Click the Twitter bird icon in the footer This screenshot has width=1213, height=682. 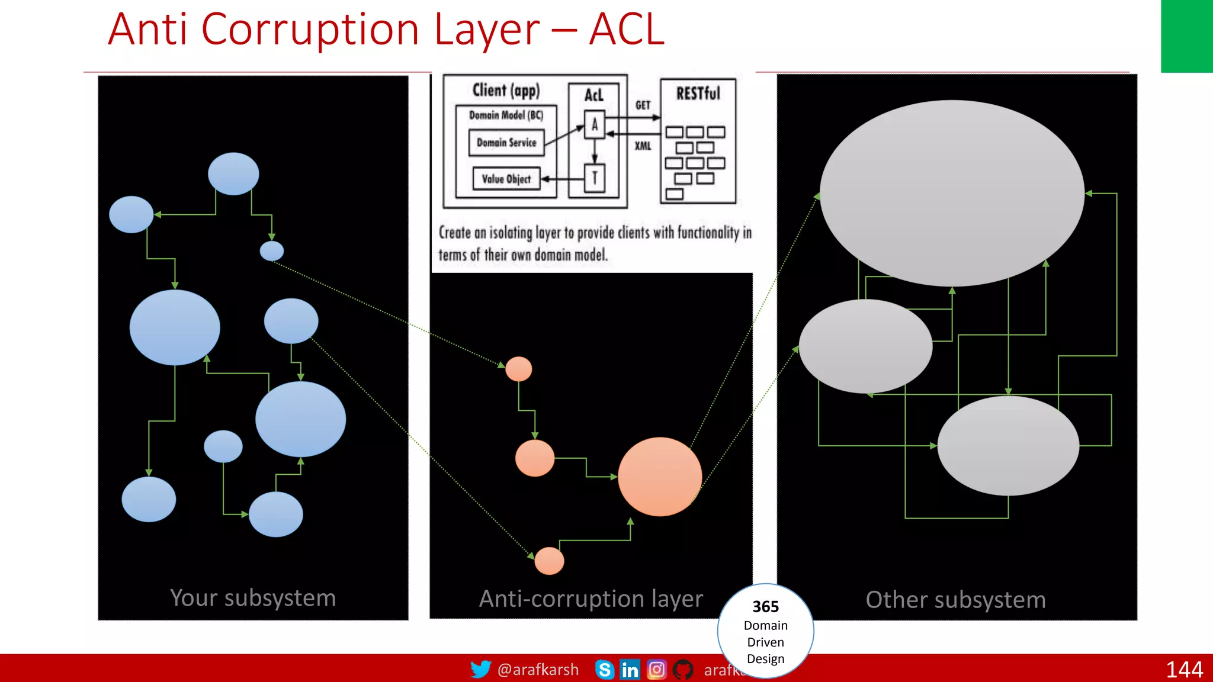480,669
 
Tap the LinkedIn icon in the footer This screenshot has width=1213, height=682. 630,670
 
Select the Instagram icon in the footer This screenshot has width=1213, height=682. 656,670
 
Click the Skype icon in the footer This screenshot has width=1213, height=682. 604,670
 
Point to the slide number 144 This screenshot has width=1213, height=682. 1184,670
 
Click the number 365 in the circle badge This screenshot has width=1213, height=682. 765,607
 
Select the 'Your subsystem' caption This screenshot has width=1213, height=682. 253,598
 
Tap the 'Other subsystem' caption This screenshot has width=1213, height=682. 955,600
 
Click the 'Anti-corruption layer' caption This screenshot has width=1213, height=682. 591,599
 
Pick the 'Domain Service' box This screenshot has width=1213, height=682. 506,143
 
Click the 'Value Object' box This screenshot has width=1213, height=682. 506,179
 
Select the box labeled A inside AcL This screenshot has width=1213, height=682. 595,125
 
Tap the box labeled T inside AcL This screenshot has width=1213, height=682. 595,178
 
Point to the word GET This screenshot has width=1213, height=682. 643,105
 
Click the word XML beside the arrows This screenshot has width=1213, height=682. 643,146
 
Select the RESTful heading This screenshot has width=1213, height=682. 698,94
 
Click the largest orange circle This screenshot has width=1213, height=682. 660,477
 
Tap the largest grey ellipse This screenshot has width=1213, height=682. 952,192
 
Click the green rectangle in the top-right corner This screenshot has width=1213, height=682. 1186,36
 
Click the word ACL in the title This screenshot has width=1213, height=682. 627,30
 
